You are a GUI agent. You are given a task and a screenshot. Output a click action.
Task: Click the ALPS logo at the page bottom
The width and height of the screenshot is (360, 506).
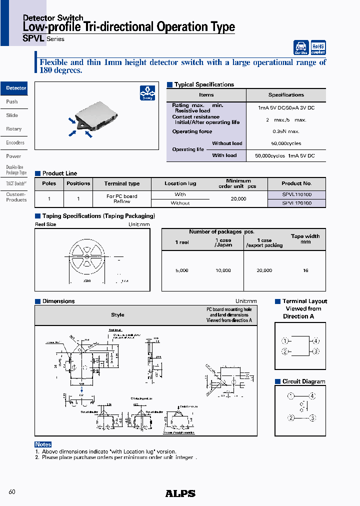coord(180,493)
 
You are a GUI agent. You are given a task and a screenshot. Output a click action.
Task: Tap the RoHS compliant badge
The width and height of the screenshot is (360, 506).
coord(318,47)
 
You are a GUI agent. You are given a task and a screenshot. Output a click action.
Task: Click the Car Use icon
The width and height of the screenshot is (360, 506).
coord(301,47)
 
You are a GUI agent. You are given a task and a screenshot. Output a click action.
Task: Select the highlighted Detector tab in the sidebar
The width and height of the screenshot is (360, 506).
coord(15,88)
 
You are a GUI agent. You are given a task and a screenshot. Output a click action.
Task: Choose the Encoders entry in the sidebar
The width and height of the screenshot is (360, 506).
coord(15,142)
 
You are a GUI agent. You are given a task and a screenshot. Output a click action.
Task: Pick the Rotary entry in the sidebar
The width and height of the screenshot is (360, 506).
coord(14,129)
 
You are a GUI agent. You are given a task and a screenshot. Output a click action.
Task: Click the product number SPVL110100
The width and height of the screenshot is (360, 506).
coord(296,194)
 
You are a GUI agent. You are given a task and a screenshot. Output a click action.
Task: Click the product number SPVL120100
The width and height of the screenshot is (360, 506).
coord(296,203)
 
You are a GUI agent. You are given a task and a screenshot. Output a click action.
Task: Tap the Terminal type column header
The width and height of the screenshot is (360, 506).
coord(122,183)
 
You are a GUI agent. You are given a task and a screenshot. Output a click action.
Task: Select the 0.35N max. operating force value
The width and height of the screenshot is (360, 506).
coord(286,131)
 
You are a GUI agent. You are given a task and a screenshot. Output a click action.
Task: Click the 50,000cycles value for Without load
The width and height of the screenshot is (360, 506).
coord(286,143)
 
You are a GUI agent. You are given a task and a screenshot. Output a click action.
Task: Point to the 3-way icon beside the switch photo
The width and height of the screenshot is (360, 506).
coord(147,93)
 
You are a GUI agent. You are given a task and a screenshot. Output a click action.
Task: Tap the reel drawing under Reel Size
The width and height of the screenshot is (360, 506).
coord(87,256)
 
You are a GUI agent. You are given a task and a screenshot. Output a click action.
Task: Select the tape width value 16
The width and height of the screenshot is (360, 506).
coord(305,270)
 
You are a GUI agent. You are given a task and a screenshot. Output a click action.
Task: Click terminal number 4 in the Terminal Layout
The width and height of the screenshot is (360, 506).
coord(315,341)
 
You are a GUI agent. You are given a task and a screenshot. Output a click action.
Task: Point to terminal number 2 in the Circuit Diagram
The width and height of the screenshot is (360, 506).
coord(290,418)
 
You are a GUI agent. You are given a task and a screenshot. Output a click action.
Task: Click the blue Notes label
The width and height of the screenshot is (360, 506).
coord(43,444)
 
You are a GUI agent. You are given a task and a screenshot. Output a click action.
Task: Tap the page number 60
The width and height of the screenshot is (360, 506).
coord(12,492)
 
